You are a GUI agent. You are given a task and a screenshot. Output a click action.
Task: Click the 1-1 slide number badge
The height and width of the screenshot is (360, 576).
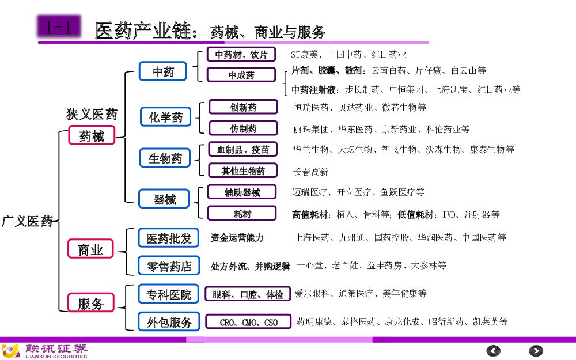(x=59, y=28)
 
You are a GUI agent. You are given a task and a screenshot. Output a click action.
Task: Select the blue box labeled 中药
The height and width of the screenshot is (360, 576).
(x=163, y=72)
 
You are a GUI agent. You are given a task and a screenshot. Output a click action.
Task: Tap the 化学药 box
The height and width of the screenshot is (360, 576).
(x=166, y=117)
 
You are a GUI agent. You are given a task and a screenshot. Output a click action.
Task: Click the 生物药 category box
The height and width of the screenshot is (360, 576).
(x=165, y=158)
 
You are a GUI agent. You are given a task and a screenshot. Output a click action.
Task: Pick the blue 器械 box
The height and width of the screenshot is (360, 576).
(x=164, y=199)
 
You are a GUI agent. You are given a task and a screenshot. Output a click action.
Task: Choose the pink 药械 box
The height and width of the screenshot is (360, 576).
(x=92, y=137)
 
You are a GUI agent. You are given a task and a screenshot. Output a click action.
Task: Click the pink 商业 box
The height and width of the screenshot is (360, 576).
(x=90, y=249)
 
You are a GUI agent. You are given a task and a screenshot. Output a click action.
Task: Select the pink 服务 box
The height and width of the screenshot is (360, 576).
(x=90, y=304)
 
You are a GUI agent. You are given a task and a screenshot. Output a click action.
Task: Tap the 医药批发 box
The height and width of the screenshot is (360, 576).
(x=169, y=238)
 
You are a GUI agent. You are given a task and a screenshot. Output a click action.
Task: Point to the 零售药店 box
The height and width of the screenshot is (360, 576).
(x=169, y=266)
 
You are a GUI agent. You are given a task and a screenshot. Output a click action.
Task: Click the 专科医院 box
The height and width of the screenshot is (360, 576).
(x=169, y=294)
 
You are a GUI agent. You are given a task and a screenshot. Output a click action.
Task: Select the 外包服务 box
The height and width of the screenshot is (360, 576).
(x=169, y=322)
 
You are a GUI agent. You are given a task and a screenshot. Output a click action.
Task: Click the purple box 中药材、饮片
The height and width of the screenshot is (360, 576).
(x=241, y=55)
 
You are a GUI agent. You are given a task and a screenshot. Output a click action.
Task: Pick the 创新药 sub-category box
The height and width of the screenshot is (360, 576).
(x=243, y=107)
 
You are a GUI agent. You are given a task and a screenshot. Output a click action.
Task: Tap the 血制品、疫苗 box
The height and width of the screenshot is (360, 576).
(x=243, y=150)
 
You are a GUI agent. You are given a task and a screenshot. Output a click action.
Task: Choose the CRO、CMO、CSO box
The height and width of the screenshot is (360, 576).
(x=249, y=323)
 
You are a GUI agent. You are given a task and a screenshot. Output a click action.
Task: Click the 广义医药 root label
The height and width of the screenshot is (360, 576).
(x=27, y=221)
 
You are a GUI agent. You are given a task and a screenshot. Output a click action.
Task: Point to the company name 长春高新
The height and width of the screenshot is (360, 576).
(x=310, y=172)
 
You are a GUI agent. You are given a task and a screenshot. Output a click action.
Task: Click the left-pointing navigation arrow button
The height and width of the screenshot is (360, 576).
(x=494, y=350)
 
